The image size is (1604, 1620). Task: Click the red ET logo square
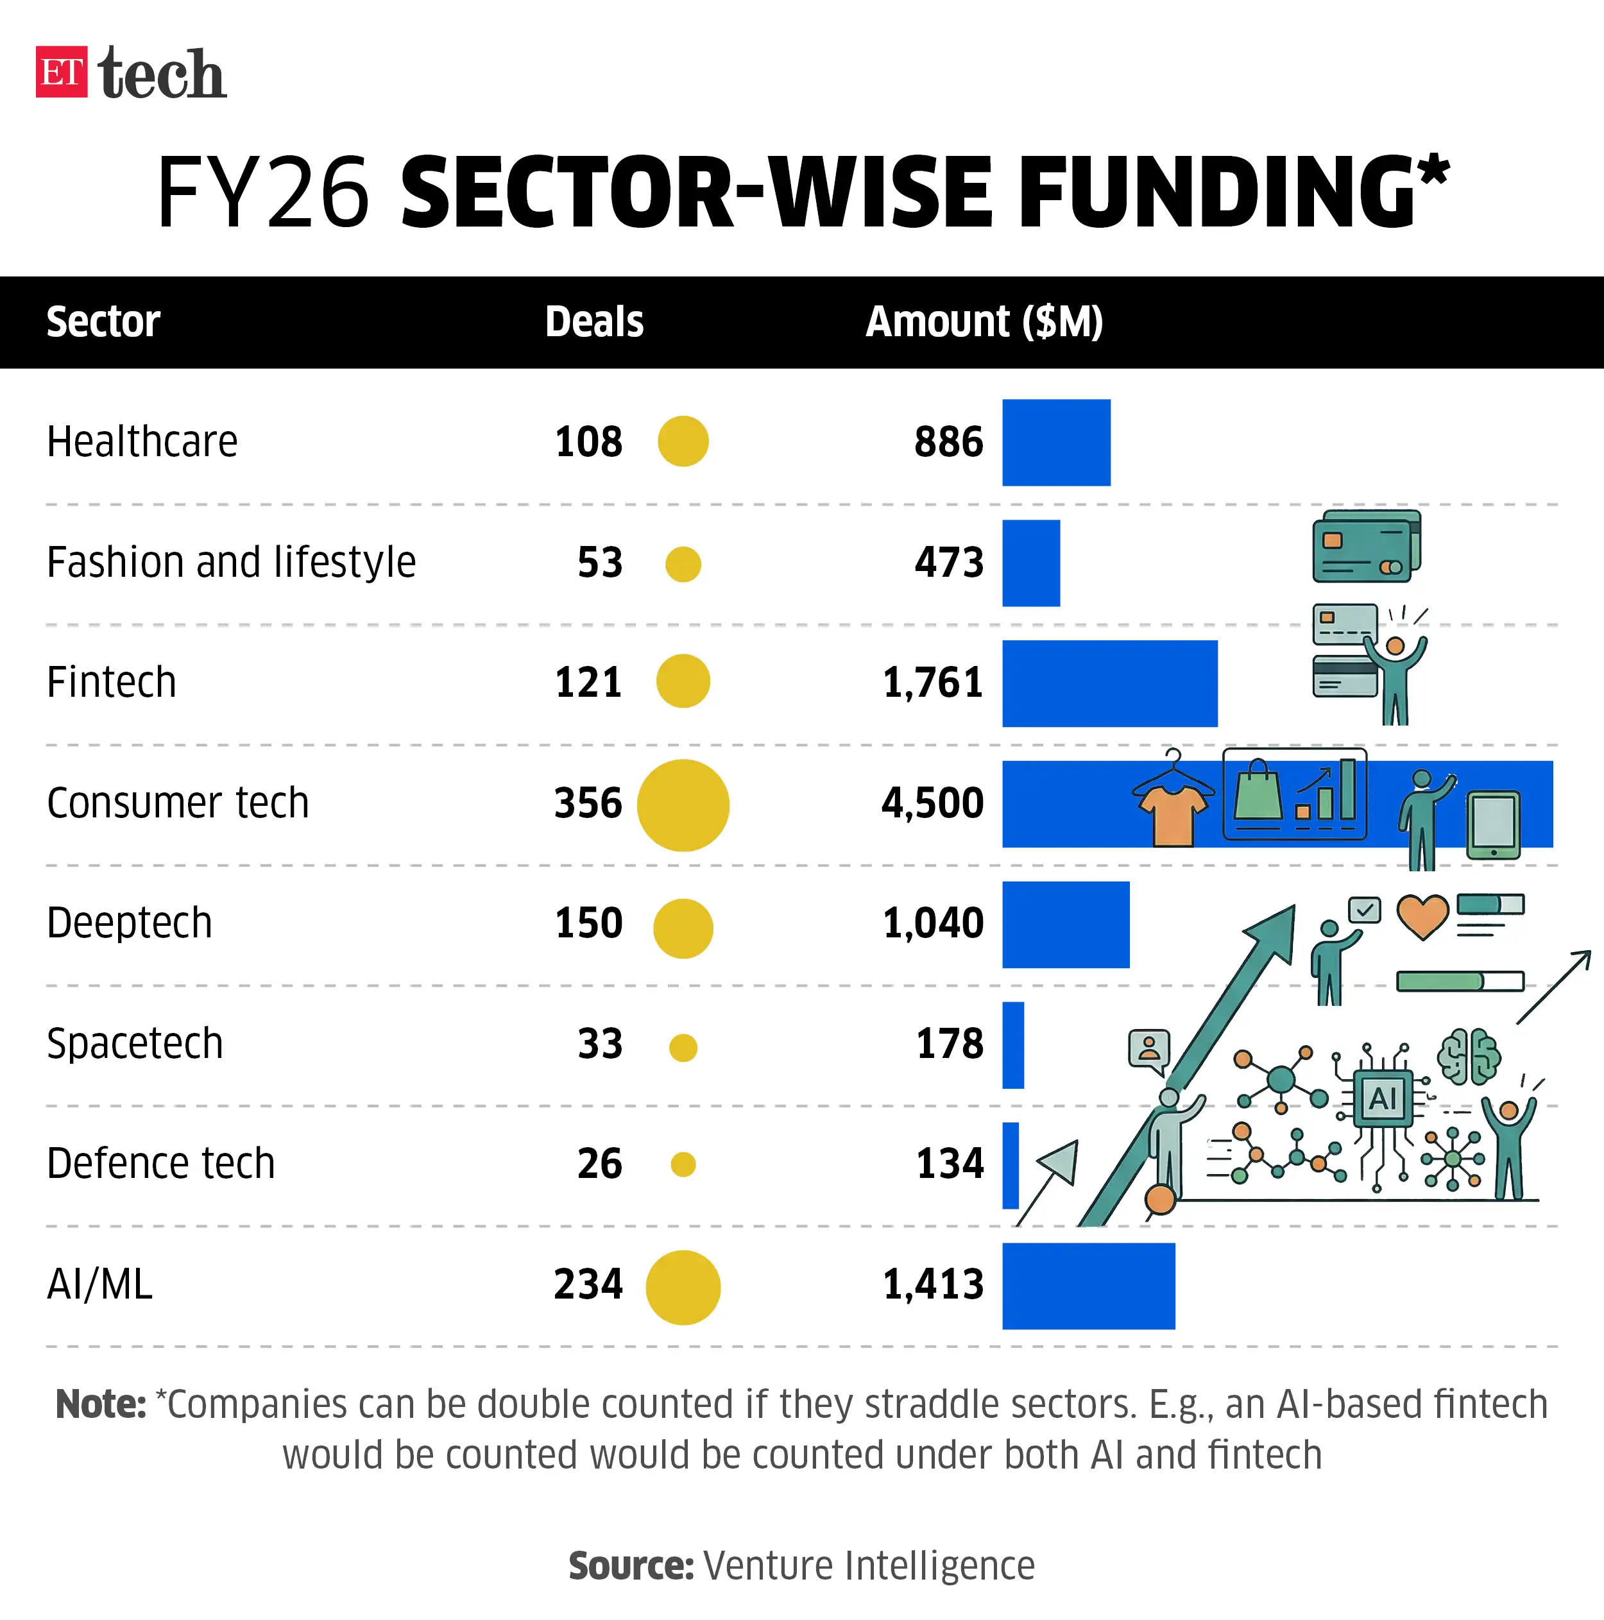(x=61, y=72)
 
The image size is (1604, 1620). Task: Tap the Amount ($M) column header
(x=984, y=322)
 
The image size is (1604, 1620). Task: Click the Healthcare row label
(x=142, y=442)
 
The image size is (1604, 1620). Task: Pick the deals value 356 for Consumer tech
(x=588, y=803)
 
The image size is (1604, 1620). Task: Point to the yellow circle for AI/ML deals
(x=683, y=1287)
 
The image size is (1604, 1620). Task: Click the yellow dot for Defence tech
(x=683, y=1164)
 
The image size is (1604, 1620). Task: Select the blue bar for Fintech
(x=1109, y=683)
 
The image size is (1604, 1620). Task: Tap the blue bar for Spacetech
(x=1013, y=1044)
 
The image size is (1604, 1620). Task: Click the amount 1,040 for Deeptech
(x=932, y=923)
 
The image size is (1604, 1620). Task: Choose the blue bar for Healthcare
(x=1055, y=443)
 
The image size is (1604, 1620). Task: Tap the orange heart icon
(x=1422, y=916)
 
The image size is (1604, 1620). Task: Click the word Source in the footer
(x=631, y=1565)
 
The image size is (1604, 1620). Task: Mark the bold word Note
(x=101, y=1404)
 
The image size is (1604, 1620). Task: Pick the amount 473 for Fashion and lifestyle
(x=948, y=563)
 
